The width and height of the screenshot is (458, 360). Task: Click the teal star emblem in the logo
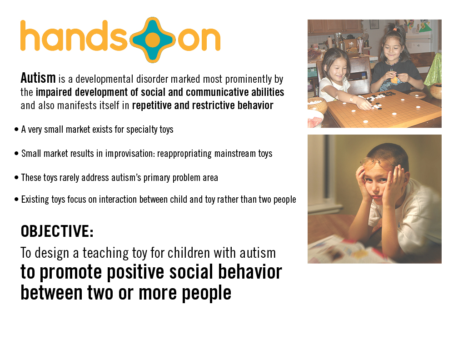152,40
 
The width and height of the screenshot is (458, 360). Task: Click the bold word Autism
38,78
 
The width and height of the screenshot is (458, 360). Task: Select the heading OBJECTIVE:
57,231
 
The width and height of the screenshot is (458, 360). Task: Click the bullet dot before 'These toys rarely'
16,178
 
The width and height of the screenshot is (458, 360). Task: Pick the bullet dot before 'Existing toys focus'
16,200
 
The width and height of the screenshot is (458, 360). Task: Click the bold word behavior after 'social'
250,272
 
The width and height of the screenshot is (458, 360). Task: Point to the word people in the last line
206,293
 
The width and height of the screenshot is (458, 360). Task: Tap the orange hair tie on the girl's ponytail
394,29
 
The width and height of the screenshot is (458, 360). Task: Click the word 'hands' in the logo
74,35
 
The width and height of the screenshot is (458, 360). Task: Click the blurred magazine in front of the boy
342,251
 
